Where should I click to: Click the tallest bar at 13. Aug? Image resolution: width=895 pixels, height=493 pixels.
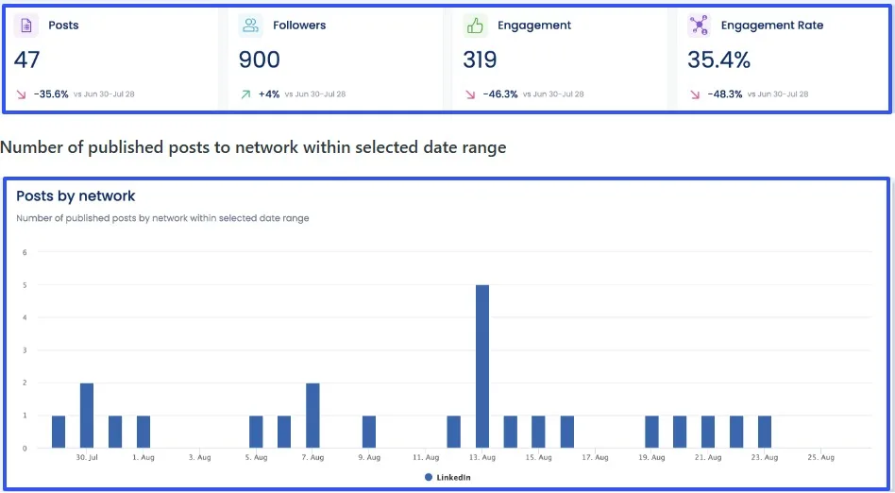click(482, 366)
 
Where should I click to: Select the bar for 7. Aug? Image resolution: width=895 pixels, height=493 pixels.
click(312, 415)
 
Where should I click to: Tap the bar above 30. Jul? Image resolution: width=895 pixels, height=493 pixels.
click(87, 415)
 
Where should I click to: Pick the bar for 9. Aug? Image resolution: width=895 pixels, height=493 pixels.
click(369, 432)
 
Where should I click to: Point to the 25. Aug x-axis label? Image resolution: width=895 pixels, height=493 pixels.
click(820, 457)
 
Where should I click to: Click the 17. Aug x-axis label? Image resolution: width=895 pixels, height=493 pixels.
click(595, 457)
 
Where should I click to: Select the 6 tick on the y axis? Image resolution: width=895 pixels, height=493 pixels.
click(25, 252)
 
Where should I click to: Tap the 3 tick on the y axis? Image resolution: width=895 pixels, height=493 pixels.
click(25, 350)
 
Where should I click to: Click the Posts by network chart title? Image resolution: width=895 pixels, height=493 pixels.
click(76, 196)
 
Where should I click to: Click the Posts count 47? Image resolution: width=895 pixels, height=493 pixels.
click(27, 60)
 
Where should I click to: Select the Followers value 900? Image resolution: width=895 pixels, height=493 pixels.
click(259, 60)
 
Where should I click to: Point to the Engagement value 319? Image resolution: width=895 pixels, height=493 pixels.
click(480, 60)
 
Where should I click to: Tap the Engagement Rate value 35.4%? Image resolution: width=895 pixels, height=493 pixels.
click(718, 60)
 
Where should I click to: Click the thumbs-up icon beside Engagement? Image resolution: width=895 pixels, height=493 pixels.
click(474, 25)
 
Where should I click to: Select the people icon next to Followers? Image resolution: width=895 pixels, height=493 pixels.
click(250, 25)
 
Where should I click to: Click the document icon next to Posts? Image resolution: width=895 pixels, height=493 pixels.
click(25, 25)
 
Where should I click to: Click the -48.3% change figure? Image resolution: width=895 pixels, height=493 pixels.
click(724, 94)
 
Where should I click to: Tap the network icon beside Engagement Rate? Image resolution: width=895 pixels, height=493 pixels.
click(699, 25)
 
